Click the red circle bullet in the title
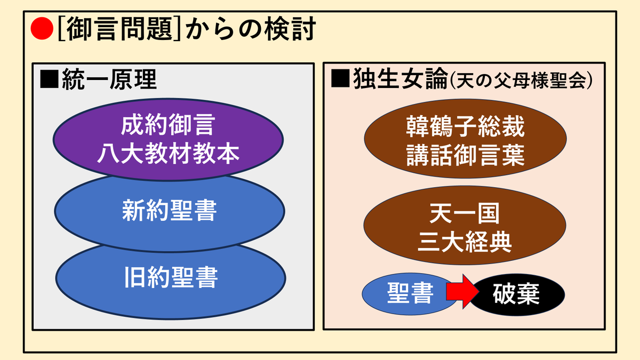tap(42, 28)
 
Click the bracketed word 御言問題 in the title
tap(119, 29)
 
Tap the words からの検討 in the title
tap(251, 29)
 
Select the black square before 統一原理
tap(49, 79)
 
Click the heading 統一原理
tap(109, 79)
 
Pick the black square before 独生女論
tap(340, 78)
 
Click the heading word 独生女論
tap(400, 78)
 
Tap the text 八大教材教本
tap(168, 154)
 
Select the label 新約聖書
tap(170, 211)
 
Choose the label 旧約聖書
tap(171, 277)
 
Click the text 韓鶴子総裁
tap(465, 126)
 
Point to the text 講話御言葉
tap(465, 155)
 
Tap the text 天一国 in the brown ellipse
tap(465, 213)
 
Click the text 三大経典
tap(465, 242)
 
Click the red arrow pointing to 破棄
tap(462, 292)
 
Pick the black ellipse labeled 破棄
tap(516, 294)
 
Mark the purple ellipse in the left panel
tap(168, 139)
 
